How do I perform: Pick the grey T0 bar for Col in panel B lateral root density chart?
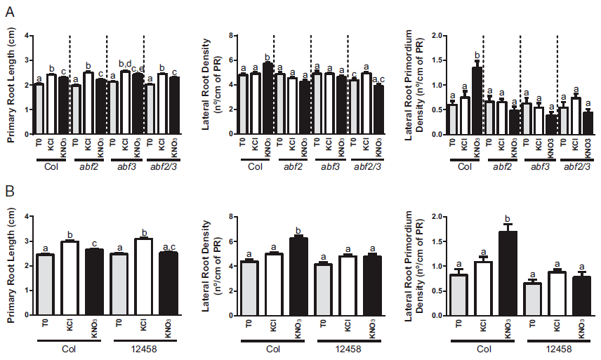[253, 288]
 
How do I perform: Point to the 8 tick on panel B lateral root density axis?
[232, 217]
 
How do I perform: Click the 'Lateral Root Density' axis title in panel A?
[213, 84]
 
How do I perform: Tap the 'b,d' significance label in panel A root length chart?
[125, 63]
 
